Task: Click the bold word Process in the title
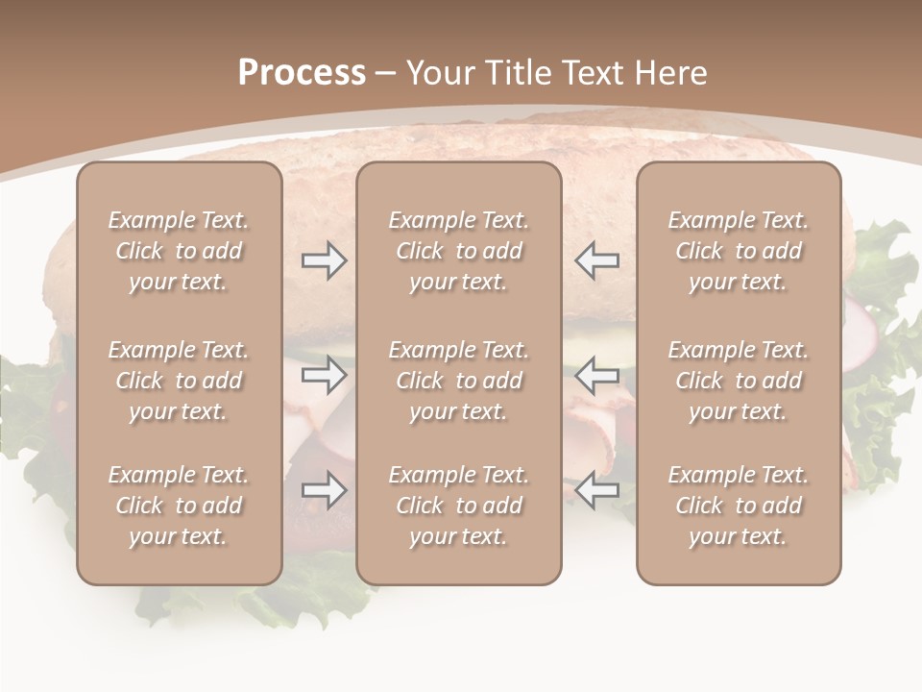tap(302, 73)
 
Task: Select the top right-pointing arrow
tap(324, 260)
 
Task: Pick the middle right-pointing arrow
tap(324, 375)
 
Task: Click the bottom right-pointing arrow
tap(324, 490)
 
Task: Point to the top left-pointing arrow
tap(596, 260)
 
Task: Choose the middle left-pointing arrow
tap(596, 375)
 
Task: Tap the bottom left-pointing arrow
tap(596, 490)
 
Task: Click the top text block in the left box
tap(179, 251)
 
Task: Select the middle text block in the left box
tap(179, 381)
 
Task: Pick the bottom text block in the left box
tap(179, 506)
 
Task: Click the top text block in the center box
tap(458, 251)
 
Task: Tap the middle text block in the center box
tap(458, 381)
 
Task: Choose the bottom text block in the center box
tap(458, 506)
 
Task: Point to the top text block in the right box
tap(738, 251)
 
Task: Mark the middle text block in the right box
tap(738, 381)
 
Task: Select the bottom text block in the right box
tap(738, 506)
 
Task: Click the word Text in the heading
tap(594, 73)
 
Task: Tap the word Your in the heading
tap(440, 73)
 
